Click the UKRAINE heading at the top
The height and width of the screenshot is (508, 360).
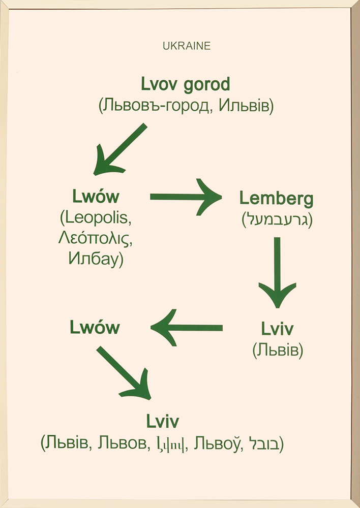pyautogui.click(x=187, y=46)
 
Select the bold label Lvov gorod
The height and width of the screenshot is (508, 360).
pyautogui.click(x=185, y=84)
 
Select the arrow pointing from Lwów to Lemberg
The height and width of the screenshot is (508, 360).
pyautogui.click(x=186, y=197)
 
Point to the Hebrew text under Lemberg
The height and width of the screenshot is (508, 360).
pyautogui.click(x=277, y=219)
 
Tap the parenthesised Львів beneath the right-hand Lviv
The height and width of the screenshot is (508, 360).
pyautogui.click(x=277, y=351)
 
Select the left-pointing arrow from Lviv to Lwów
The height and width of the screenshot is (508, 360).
pyautogui.click(x=187, y=328)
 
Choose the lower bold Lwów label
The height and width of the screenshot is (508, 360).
pyautogui.click(x=95, y=328)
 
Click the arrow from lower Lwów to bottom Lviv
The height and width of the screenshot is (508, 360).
pyautogui.click(x=124, y=373)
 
